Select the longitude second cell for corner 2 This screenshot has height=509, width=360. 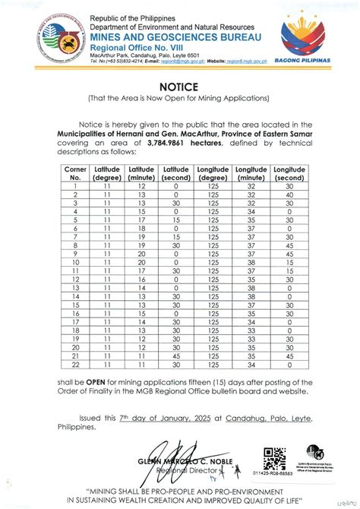[x=289, y=194]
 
